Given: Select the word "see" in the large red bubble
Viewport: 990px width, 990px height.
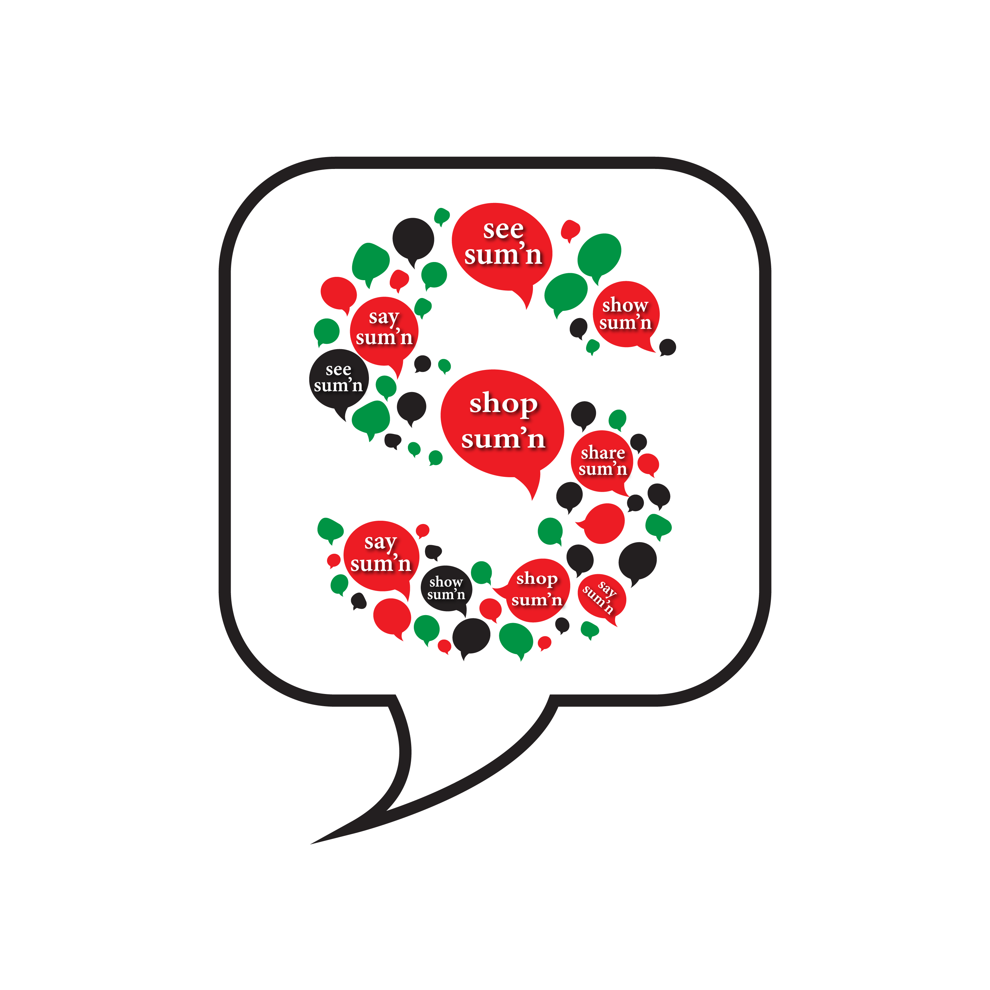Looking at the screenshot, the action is click(x=503, y=230).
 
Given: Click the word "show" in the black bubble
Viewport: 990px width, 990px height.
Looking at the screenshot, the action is click(x=446, y=581).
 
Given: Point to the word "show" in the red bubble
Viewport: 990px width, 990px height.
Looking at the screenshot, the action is click(x=625, y=305).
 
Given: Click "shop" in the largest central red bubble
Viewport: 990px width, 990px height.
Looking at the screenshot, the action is click(x=504, y=404).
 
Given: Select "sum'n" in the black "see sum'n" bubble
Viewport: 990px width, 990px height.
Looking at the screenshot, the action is click(x=338, y=385).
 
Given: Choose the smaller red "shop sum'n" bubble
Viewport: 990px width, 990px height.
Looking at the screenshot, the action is click(x=533, y=590).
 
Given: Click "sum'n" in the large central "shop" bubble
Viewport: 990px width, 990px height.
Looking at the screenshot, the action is click(x=503, y=439).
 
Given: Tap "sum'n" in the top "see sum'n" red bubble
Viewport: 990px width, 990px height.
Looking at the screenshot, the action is click(x=503, y=255).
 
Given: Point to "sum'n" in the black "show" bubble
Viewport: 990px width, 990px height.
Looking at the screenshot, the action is click(x=446, y=594).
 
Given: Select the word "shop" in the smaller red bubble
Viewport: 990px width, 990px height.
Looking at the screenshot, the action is click(x=537, y=578).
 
